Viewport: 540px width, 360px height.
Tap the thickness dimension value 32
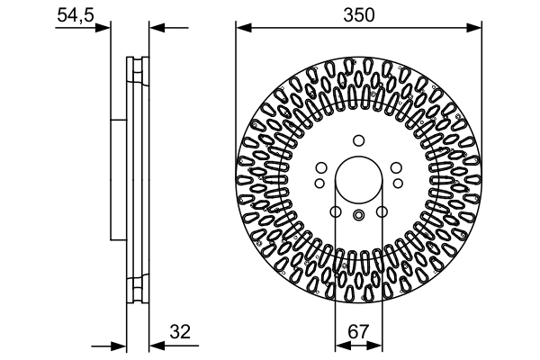tap(183, 331)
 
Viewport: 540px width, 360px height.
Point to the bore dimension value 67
tap(358, 331)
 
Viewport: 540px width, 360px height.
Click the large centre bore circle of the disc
tap(358, 179)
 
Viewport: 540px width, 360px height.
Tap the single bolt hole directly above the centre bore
tap(358, 139)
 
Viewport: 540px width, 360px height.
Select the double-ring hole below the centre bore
tap(358, 214)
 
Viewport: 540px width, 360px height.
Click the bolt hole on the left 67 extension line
tap(335, 212)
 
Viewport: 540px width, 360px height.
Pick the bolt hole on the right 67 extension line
tap(382, 212)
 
